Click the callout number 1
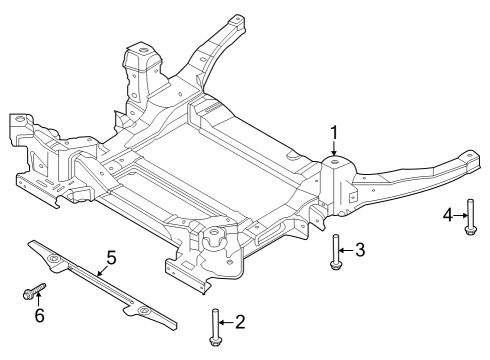point(334,131)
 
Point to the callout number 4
point(448,213)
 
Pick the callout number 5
point(111,257)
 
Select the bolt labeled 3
point(336,252)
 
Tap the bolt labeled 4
point(470,217)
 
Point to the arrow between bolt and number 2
point(227,322)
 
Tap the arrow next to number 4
point(460,213)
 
